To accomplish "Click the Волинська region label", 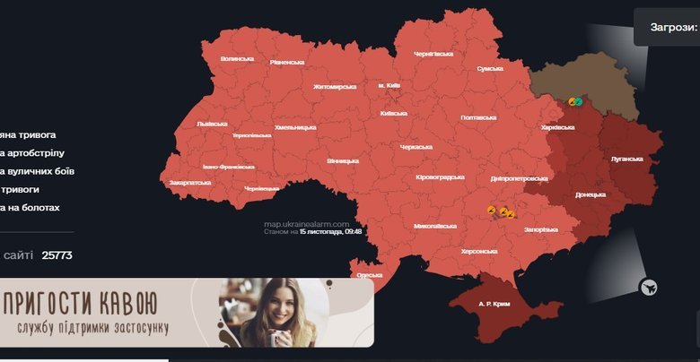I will pos(237,59).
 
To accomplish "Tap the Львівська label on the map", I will pos(212,123).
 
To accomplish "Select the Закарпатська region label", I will pos(189,182).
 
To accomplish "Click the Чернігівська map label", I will pos(433,54).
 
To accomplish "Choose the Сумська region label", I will pos(490,68).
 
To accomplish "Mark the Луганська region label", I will pos(626,159).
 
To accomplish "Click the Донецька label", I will pos(591,194).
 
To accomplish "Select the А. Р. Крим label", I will pos(494,305).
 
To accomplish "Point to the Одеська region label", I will pos(370,275).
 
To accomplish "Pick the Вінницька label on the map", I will pos(343,161).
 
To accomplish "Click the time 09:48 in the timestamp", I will pos(352,231).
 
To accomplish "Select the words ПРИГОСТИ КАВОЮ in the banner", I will pos(80,301).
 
